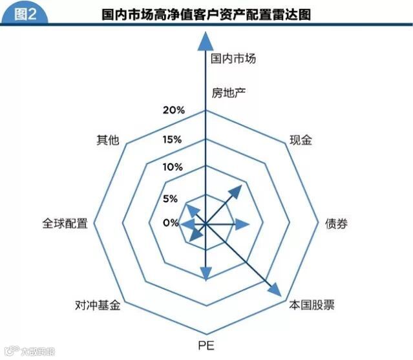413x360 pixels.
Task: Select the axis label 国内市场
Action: pyautogui.click(x=233, y=58)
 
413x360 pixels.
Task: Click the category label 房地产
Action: pyautogui.click(x=229, y=92)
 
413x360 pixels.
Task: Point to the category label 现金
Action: pyautogui.click(x=301, y=140)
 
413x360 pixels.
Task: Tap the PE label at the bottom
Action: pyautogui.click(x=206, y=343)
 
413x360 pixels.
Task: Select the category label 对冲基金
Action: pyautogui.click(x=98, y=306)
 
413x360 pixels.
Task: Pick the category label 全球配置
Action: pyautogui.click(x=65, y=224)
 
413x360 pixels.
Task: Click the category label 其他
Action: pyautogui.click(x=107, y=140)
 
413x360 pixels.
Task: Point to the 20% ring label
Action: pyautogui.click(x=173, y=110)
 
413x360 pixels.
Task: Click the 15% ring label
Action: pyautogui.click(x=173, y=140)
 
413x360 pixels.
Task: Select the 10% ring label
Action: pyautogui.click(x=173, y=167)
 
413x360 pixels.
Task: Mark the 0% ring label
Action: pyautogui.click(x=170, y=223)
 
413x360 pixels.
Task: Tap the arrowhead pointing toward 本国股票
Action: pyautogui.click(x=273, y=290)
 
